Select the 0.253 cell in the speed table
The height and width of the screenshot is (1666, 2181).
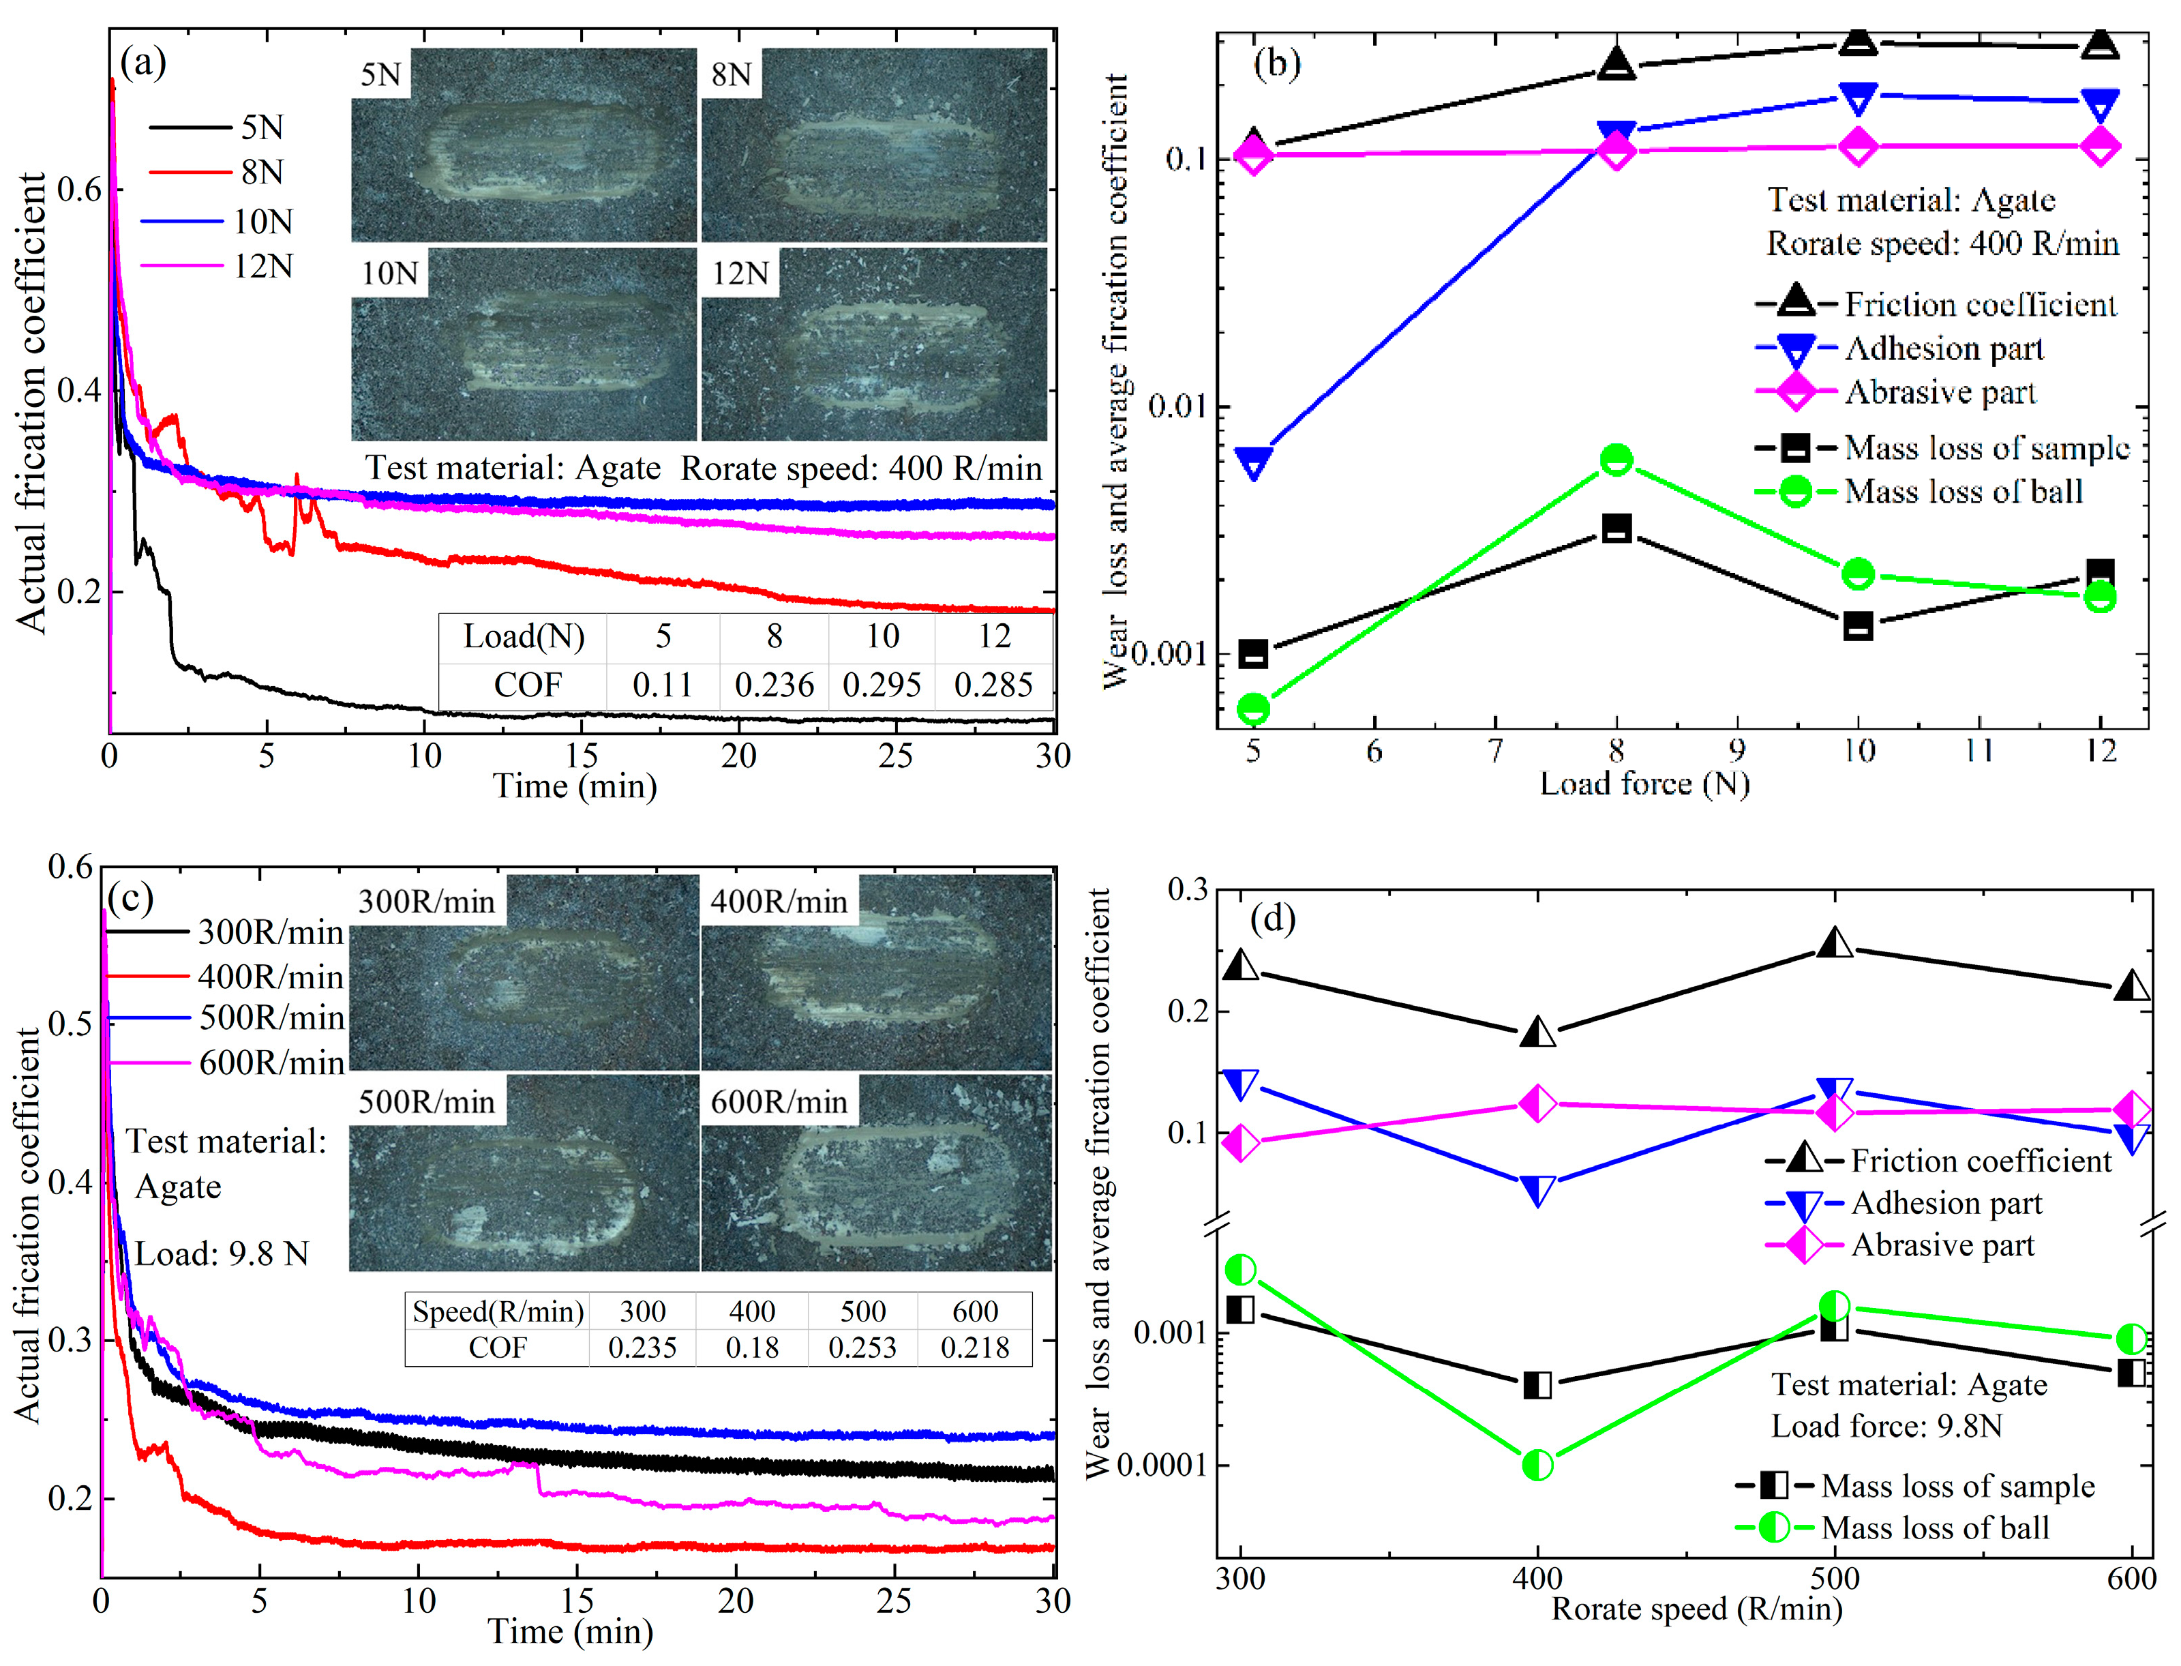coord(862,1348)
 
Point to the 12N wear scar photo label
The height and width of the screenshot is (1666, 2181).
coord(740,273)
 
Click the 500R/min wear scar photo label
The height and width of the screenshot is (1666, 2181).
coord(426,1102)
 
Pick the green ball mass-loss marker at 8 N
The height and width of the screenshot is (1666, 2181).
coord(1616,460)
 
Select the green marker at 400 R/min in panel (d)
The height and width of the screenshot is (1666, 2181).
coord(1537,1465)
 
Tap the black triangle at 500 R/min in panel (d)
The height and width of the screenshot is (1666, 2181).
coord(1835,943)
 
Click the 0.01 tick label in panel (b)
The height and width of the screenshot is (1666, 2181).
coord(1177,406)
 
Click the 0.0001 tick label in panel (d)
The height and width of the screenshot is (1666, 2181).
coord(1161,1465)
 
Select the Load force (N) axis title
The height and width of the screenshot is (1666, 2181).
coord(1644,784)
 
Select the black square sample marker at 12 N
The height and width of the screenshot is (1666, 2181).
coord(2100,574)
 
